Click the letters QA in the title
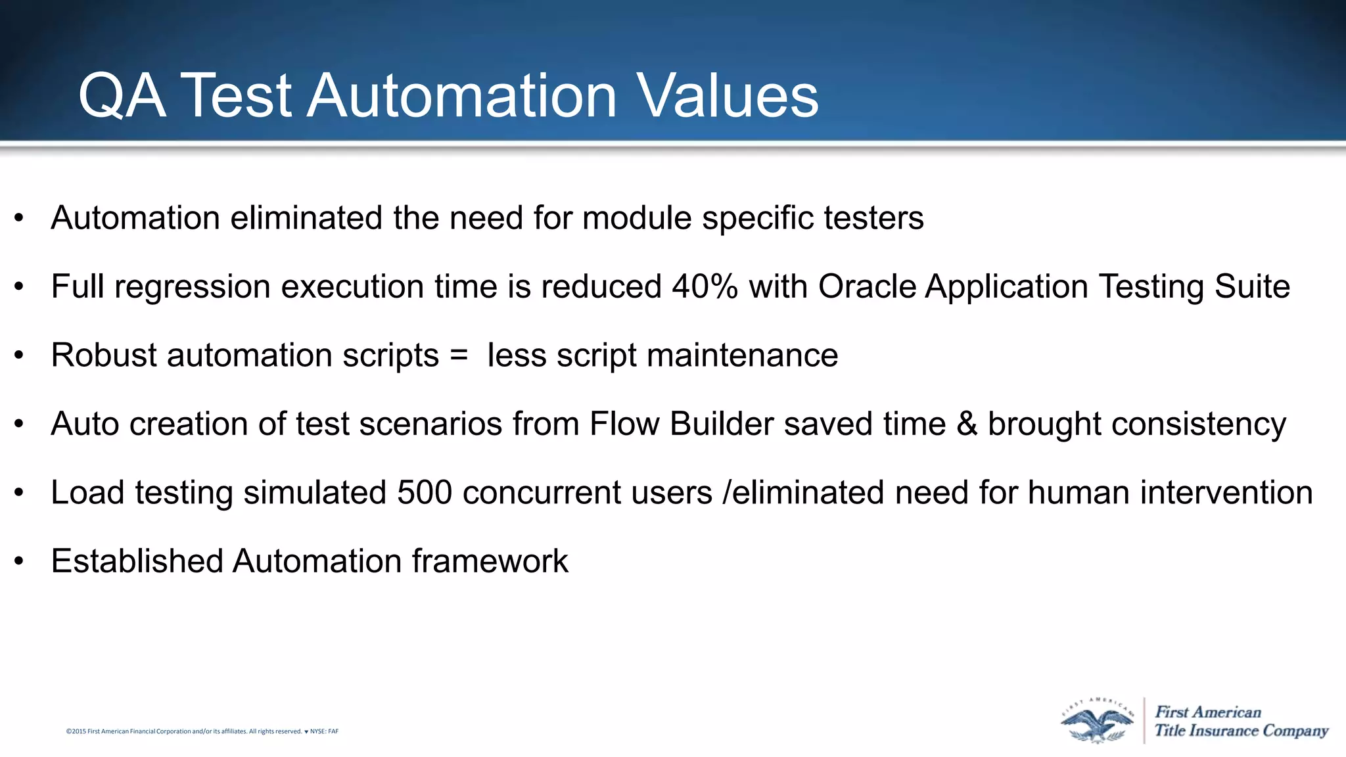click(x=122, y=97)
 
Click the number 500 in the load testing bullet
click(x=425, y=493)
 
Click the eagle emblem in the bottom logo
click(x=1096, y=722)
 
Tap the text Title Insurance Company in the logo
click(x=1241, y=731)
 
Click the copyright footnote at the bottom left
click(x=202, y=731)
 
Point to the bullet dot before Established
click(x=19, y=561)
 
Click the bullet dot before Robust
click(x=19, y=356)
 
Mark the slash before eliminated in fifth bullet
click(x=726, y=493)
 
